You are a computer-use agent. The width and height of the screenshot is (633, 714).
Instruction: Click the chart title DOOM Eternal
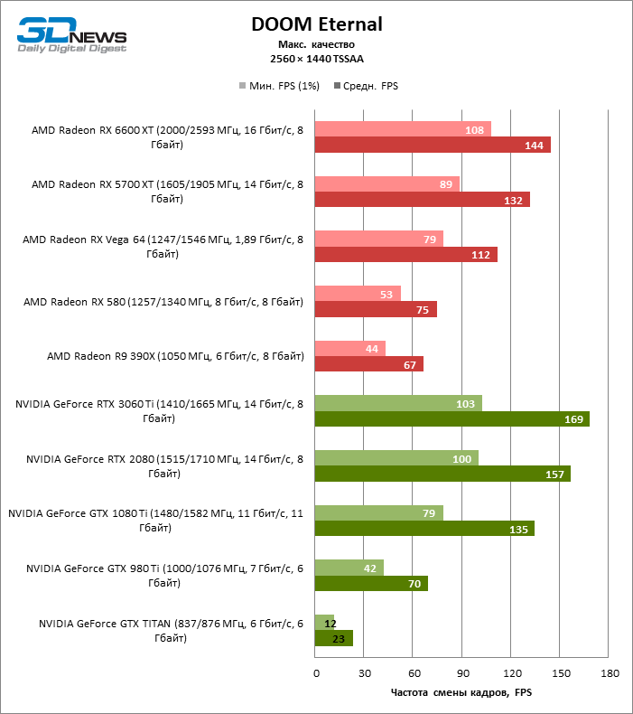click(x=316, y=24)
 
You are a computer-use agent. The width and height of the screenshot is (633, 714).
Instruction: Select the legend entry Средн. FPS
click(x=366, y=86)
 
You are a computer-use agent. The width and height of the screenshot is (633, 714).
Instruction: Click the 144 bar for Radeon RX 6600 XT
click(x=433, y=145)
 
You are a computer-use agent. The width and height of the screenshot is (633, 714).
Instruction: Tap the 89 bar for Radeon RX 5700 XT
click(x=386, y=183)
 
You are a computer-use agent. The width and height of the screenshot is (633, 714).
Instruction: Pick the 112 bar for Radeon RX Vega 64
click(x=405, y=254)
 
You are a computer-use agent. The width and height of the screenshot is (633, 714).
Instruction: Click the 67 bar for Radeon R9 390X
click(x=368, y=363)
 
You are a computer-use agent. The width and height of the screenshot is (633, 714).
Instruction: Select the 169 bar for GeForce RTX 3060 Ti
click(x=451, y=418)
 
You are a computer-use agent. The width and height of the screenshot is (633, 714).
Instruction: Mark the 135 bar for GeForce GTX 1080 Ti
click(x=424, y=528)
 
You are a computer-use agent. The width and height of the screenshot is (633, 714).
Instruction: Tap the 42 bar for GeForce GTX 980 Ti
click(x=349, y=567)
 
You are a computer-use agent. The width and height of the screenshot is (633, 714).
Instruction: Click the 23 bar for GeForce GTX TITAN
click(x=333, y=638)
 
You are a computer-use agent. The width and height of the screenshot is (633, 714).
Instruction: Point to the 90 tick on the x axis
click(x=462, y=673)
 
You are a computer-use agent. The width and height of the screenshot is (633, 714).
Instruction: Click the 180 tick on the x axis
click(x=610, y=673)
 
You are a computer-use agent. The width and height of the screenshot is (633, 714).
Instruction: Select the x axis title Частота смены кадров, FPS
click(x=461, y=692)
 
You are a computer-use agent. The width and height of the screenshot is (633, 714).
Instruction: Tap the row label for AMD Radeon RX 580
click(x=163, y=301)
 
